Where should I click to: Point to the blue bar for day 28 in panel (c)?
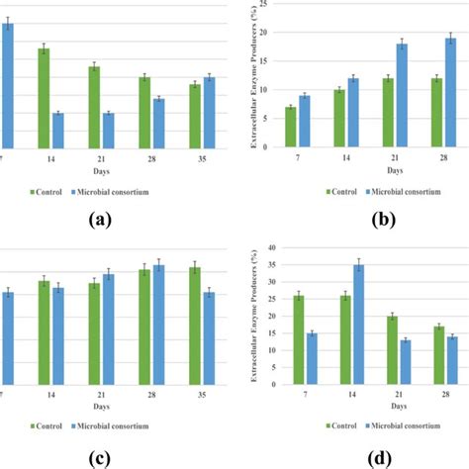point(158,325)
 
